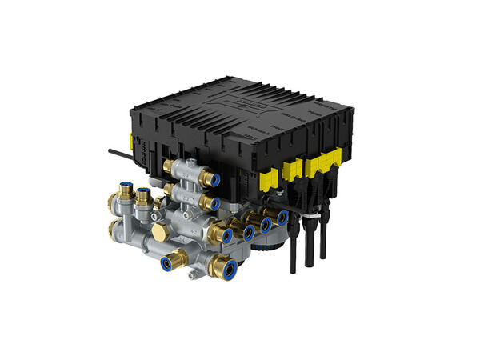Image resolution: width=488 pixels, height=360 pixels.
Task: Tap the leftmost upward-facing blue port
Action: pos(126,190)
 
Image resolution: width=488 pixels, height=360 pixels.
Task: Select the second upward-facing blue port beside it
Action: pos(143,194)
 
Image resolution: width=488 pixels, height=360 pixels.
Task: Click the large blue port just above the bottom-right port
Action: pos(225,236)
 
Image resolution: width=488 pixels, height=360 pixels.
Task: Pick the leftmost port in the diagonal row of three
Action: pos(249,233)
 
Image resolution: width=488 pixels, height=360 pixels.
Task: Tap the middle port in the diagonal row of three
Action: pos(265,225)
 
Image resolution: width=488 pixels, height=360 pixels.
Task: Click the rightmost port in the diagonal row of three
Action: pos(281,217)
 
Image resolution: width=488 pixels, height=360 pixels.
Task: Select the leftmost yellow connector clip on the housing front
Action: pos(270,175)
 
